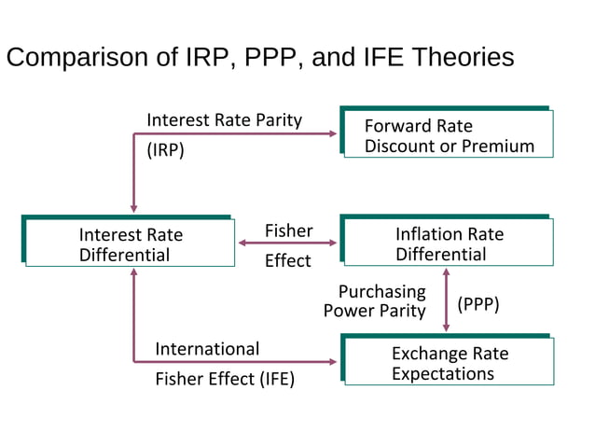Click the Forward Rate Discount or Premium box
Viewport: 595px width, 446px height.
[x=448, y=134]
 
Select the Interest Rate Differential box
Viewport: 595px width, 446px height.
[x=129, y=244]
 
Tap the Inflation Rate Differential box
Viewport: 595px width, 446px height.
[x=448, y=244]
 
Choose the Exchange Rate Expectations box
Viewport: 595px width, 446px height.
[x=448, y=363]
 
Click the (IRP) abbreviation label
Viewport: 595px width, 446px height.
[x=166, y=150]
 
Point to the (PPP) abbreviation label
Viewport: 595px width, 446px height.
[x=478, y=304]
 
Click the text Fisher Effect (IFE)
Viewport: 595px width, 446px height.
[x=225, y=379]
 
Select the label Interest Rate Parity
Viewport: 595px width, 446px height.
[x=224, y=119]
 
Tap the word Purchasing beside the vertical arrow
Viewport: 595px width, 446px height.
[x=381, y=291]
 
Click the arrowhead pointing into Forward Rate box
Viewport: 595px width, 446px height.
[x=333, y=133]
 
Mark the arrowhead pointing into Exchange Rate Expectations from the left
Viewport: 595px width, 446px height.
[x=333, y=362]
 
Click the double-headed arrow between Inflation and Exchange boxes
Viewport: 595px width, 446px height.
[x=446, y=300]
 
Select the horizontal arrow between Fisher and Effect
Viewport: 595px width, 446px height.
[x=288, y=244]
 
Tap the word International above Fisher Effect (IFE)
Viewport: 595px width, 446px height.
[x=207, y=349]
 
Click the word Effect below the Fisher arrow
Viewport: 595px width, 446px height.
[x=287, y=260]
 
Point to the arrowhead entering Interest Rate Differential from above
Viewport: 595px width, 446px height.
[x=134, y=208]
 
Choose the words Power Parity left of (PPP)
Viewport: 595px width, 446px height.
[x=374, y=311]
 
